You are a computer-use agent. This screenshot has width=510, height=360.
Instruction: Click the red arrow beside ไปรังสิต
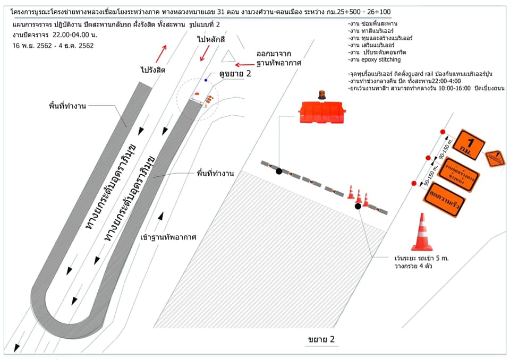[161, 53]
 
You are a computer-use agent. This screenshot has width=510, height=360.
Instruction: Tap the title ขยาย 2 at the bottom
[321, 340]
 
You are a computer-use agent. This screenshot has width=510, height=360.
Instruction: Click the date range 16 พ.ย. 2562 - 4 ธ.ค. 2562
[52, 46]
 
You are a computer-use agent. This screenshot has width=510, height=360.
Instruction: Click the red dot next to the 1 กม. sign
[443, 132]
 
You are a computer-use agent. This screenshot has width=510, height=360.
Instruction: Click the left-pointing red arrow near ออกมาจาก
[245, 62]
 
